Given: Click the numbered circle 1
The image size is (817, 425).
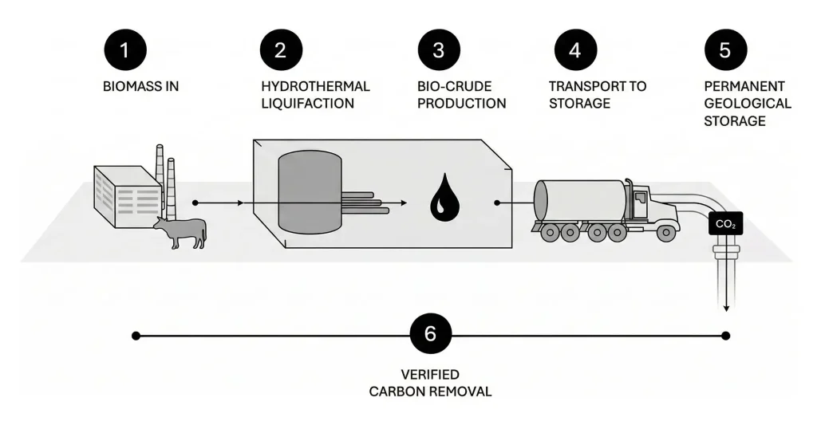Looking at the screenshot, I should pos(123,49).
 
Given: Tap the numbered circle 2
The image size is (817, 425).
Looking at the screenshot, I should pos(280,49).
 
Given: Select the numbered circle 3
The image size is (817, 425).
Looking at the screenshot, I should pos(438,49).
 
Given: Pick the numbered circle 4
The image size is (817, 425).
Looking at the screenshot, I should pos(575,49).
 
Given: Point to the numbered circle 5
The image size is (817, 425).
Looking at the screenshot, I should pos(724,49).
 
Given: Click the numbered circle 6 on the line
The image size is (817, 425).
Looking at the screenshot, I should pos(430,335).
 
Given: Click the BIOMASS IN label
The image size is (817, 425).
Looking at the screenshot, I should pos(140,86).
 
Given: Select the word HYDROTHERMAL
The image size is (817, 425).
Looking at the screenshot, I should pos(315,86).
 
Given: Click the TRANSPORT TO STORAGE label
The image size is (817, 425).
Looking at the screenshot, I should pos(597,94).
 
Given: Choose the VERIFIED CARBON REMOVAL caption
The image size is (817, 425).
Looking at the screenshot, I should pos(430,383).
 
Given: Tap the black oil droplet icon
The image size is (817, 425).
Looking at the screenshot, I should pos(440,200).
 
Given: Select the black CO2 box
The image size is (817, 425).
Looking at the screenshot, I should pos(725,226).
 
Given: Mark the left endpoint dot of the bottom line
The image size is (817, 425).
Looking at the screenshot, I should pos(136,335).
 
